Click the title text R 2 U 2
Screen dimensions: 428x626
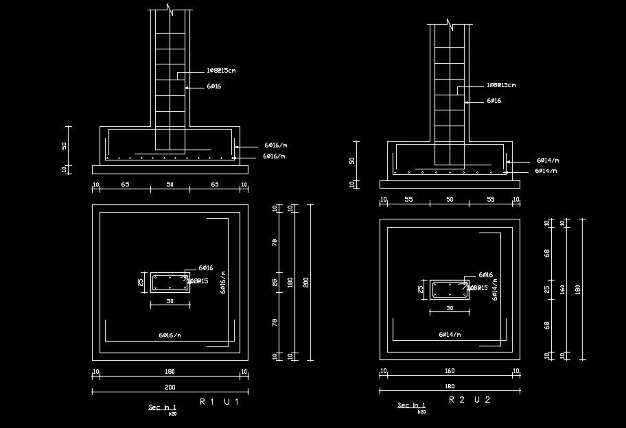469,399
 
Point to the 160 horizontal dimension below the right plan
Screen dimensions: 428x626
450,371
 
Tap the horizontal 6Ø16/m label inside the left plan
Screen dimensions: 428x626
170,335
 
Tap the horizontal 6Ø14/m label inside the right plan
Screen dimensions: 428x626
450,334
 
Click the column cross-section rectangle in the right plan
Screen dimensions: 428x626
450,289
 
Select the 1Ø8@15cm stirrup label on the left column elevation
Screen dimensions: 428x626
222,71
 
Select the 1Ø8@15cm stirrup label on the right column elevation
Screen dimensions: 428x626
501,85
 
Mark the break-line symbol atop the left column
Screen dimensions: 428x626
170,10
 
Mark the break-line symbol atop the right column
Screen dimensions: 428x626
450,24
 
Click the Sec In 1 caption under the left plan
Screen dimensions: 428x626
162,407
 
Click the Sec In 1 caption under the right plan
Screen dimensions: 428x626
411,405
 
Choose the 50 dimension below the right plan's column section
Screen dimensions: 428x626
450,309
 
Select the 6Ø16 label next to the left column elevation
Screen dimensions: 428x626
213,86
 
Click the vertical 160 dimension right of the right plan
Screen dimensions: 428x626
563,289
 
